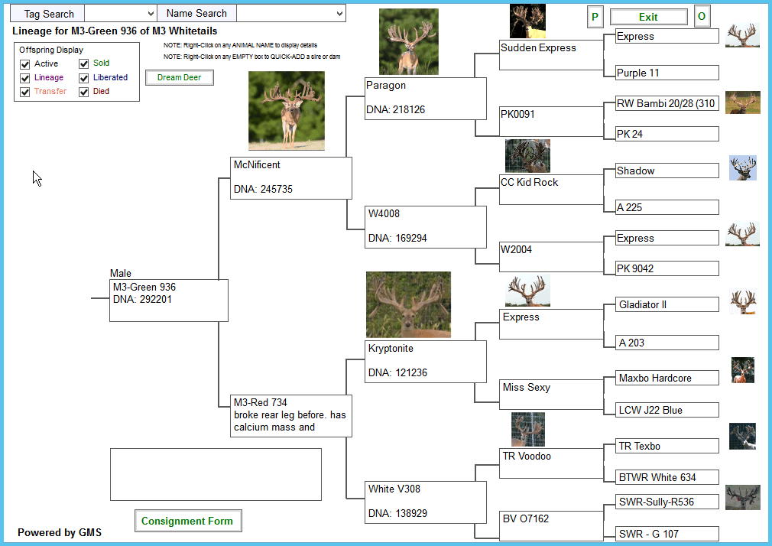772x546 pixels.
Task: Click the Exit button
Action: (x=648, y=17)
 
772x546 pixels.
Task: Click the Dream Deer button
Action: (x=179, y=77)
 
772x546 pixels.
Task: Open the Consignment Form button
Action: (x=187, y=521)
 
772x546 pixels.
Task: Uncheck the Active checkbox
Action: (x=25, y=64)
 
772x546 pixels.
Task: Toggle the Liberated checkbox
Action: (x=84, y=78)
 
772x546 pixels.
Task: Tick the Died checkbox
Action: (x=84, y=92)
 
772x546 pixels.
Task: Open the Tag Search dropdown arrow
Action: (x=151, y=14)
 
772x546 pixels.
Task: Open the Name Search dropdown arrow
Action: (x=339, y=14)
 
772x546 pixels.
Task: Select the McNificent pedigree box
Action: (x=291, y=178)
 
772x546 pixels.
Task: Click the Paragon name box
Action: (x=426, y=99)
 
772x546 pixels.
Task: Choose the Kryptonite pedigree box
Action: (x=426, y=361)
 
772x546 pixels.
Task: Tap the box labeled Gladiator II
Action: (x=667, y=304)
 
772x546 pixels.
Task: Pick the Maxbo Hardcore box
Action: (x=667, y=378)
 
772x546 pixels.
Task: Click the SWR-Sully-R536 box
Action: (x=667, y=502)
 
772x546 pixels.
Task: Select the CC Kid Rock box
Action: (x=551, y=190)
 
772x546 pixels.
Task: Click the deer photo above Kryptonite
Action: (x=408, y=304)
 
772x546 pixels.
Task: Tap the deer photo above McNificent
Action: (x=287, y=111)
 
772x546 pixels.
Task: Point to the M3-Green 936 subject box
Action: (x=169, y=301)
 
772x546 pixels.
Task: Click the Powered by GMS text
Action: (x=60, y=532)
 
